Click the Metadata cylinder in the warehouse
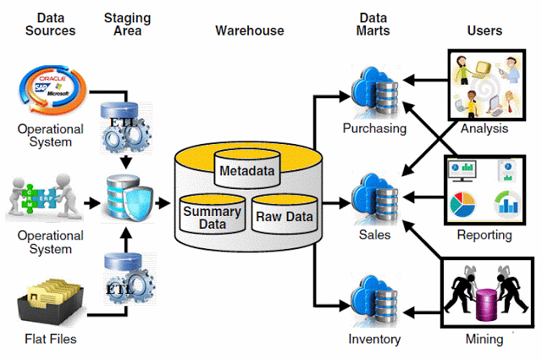click(247, 169)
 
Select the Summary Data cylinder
click(213, 214)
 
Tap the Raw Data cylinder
click(285, 214)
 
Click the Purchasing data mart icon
click(375, 92)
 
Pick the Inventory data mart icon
click(375, 301)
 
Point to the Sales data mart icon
click(375, 199)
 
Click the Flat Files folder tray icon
click(51, 303)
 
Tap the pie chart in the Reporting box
click(463, 204)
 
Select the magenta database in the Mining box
click(487, 305)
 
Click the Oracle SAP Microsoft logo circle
click(53, 89)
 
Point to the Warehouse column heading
click(250, 30)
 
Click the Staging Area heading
click(128, 25)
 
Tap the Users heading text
click(484, 30)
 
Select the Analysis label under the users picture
click(484, 128)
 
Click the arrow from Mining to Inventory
click(422, 313)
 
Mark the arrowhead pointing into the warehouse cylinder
click(164, 203)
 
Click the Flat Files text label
click(51, 339)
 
